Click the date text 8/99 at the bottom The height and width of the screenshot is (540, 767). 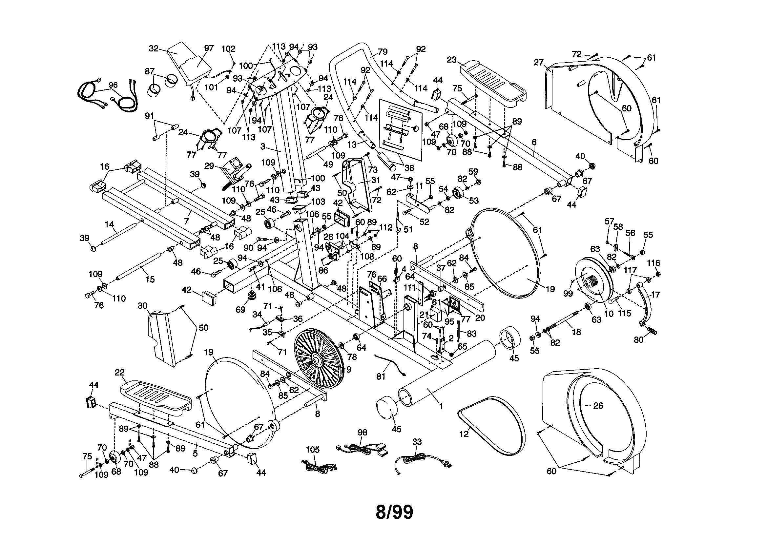click(394, 512)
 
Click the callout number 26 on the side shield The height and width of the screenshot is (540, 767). click(598, 406)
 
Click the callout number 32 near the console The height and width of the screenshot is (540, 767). click(153, 49)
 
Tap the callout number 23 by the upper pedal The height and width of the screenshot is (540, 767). click(452, 60)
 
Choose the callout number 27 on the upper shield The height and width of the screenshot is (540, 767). click(538, 62)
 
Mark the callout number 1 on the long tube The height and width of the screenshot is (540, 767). click(441, 406)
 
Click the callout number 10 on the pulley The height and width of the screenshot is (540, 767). click(609, 313)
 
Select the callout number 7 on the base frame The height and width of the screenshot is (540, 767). click(186, 221)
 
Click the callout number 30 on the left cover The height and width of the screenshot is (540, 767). click(143, 306)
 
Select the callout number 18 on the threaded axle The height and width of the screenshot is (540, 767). click(576, 332)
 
